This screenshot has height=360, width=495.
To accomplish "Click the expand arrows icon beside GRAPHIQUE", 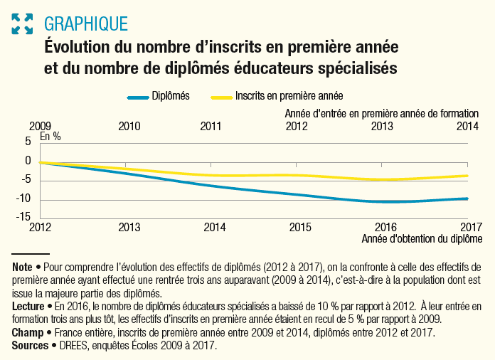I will pos(23,23).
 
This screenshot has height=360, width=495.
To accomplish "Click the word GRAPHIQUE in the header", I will pos(86,23).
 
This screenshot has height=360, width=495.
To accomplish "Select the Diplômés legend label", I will pos(170,96).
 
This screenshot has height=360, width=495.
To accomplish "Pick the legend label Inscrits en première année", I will pos(289,96).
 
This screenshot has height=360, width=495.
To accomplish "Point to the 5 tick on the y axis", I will pos(28,142).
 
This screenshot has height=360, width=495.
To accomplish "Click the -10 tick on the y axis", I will pos(26,198).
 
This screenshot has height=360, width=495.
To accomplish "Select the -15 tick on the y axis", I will pos(26,217).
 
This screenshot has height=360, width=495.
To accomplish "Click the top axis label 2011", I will pos(211,127).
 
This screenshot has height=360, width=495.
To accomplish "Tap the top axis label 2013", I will pos(382,127).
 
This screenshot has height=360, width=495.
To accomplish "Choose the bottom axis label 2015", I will pos(301,228).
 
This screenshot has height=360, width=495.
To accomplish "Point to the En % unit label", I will pos(50,137).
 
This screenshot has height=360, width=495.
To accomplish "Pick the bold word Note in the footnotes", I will pos(23,268).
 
